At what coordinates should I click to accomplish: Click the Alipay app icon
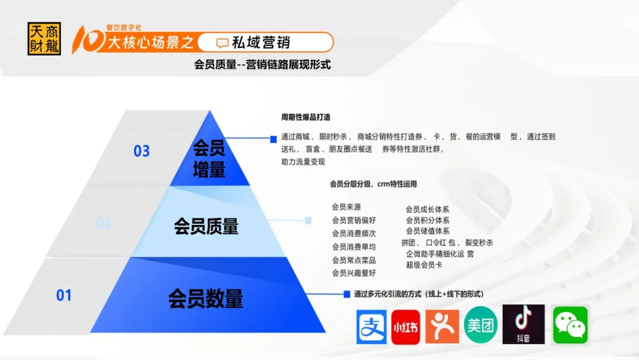click(371, 327)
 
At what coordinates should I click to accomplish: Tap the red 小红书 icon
click(405, 327)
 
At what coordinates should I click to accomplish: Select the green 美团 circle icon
click(480, 325)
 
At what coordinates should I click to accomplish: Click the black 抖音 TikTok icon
click(523, 324)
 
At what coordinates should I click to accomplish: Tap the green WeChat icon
click(570, 325)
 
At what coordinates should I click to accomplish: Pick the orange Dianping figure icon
click(442, 327)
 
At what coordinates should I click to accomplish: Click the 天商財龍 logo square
click(44, 38)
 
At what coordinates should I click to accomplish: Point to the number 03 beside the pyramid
click(142, 151)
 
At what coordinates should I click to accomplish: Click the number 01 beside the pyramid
click(64, 295)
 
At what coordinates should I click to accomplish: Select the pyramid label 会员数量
click(206, 298)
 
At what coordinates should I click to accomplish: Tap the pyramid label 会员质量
click(206, 226)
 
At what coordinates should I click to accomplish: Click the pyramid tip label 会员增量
click(209, 159)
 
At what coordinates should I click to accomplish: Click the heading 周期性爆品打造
click(306, 117)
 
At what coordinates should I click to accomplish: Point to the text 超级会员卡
click(424, 265)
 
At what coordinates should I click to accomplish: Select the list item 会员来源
click(346, 207)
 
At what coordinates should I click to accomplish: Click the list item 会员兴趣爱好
click(354, 273)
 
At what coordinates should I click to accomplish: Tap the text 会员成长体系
click(427, 209)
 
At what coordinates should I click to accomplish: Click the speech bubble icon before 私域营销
click(222, 43)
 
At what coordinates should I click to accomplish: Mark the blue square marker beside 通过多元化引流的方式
click(347, 294)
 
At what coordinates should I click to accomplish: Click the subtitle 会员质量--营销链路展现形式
click(263, 65)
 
